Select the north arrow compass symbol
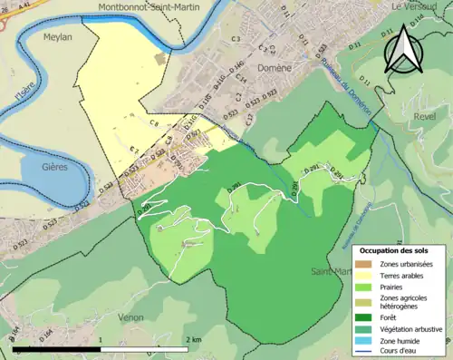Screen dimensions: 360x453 [404, 49]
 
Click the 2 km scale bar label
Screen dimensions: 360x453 [193, 339]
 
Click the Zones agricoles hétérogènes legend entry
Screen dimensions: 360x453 [404, 302]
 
